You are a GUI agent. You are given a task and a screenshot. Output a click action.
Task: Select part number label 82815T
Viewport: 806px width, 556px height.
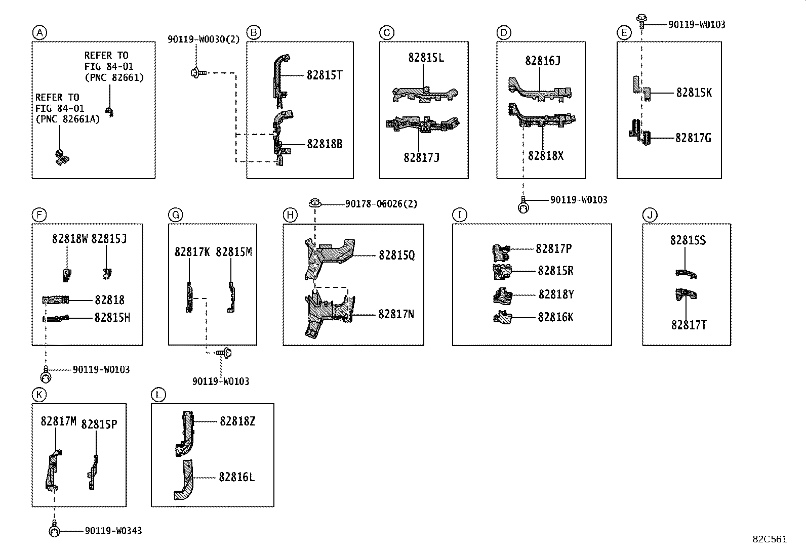pos(325,75)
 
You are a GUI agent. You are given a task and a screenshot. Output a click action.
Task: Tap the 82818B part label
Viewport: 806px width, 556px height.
pos(325,144)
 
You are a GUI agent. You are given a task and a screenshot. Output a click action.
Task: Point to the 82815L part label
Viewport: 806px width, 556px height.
pos(426,58)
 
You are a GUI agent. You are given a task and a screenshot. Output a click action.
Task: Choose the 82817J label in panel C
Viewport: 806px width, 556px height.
pos(421,157)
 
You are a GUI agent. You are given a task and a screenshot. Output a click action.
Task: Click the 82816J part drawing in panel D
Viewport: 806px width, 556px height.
pos(539,91)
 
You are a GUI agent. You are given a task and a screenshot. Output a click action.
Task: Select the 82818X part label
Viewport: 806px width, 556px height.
pos(545,156)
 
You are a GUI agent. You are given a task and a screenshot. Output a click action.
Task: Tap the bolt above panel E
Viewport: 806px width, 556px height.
pos(641,21)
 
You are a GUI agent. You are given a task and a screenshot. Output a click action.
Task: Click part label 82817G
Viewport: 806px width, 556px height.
pos(693,138)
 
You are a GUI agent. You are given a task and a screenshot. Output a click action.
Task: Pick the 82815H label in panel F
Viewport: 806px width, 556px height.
pos(112,318)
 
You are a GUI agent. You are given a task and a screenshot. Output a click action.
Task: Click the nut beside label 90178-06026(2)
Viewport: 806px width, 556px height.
pos(315,203)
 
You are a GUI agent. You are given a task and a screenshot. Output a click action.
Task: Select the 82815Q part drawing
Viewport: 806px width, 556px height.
pos(329,255)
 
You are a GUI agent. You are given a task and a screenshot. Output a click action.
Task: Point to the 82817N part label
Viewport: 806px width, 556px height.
pos(396,315)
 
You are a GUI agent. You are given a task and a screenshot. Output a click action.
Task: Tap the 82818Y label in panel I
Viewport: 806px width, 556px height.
pos(556,294)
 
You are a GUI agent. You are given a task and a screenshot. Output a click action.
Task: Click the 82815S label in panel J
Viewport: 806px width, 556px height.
pos(688,240)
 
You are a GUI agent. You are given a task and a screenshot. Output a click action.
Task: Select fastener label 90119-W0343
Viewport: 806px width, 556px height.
pos(113,531)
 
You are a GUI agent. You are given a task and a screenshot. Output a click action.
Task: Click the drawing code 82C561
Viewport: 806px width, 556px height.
pos(769,539)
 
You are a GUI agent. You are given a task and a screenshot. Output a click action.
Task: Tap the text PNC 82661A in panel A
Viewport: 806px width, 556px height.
pos(68,119)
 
